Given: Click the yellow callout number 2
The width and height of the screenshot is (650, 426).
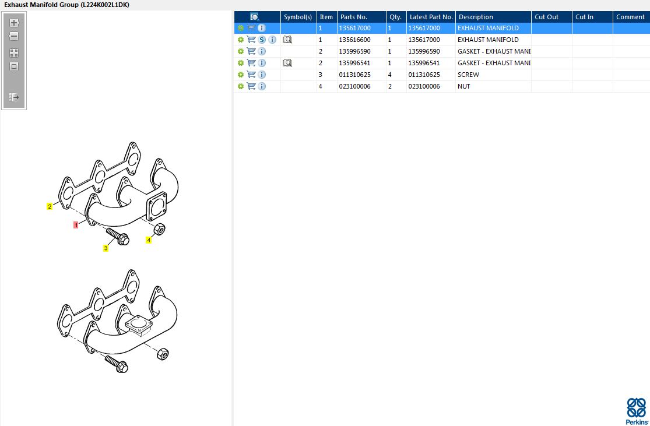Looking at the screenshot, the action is tap(50, 206).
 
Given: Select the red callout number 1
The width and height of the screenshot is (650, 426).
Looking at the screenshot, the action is tap(76, 225).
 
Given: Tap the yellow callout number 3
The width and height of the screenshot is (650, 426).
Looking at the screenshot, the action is tap(106, 248).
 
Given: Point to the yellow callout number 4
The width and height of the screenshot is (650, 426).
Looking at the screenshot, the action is tap(149, 240).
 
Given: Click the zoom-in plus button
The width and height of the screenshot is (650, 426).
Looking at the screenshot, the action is tap(14, 23).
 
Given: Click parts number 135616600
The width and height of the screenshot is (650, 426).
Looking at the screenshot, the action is tap(354, 40).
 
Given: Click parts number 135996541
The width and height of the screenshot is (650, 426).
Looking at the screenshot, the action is tap(354, 63).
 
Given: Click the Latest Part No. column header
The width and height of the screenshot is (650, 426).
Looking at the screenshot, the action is tap(431, 17).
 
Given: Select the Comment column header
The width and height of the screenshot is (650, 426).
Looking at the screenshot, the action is tap(630, 17).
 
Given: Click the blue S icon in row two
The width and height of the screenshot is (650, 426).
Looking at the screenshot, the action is tap(262, 40).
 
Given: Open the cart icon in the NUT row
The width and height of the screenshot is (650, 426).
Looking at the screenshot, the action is tap(251, 86).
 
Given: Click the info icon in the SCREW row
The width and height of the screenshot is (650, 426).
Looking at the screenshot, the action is tap(262, 75).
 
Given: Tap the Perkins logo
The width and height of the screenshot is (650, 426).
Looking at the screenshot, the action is tap(637, 411).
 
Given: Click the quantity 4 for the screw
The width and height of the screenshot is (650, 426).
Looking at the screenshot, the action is tap(389, 75).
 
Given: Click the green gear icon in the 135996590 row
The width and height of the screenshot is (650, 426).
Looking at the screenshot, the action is tap(240, 51).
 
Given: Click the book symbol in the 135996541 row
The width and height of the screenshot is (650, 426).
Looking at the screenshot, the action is tap(287, 63).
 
